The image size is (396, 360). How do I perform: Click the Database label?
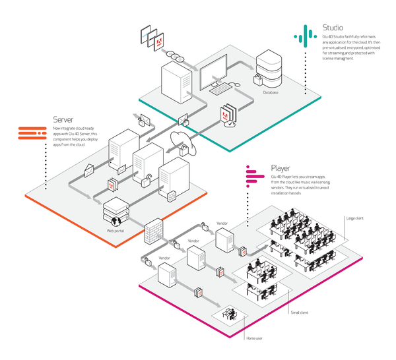[270, 92]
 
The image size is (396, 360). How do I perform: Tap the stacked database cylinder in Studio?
[270, 67]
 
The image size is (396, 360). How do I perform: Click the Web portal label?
[115, 231]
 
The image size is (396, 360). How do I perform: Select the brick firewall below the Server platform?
[153, 230]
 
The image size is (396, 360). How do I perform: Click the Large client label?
[354, 218]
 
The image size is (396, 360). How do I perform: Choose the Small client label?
[301, 313]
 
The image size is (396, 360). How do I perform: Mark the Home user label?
[256, 338]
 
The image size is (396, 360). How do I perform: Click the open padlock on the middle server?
[150, 177]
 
